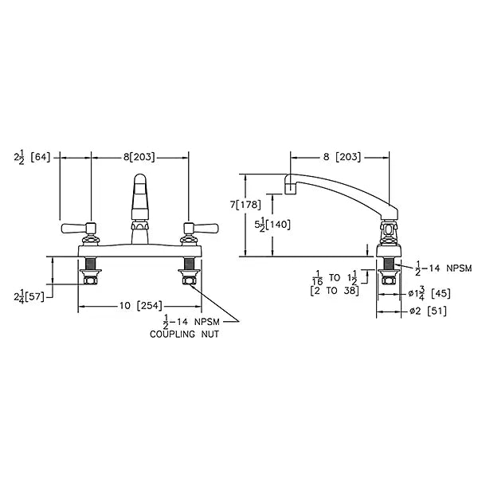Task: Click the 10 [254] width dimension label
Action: (141, 305)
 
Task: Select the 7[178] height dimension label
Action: (245, 204)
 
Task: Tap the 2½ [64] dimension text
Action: (32, 158)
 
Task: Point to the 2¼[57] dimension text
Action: (29, 296)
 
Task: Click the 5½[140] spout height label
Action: (272, 225)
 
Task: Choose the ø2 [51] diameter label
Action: (428, 311)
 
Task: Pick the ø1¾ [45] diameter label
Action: (429, 293)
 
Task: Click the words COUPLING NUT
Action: (184, 334)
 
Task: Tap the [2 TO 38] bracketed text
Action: (335, 291)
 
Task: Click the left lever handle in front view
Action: (79, 228)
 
